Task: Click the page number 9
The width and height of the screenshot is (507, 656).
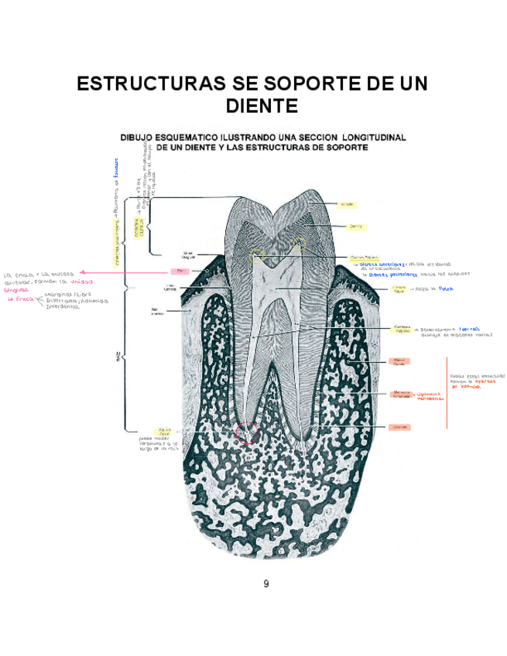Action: pyautogui.click(x=265, y=583)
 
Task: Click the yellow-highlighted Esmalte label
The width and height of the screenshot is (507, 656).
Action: pyautogui.click(x=347, y=204)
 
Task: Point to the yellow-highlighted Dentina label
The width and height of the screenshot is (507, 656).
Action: pyautogui.click(x=357, y=227)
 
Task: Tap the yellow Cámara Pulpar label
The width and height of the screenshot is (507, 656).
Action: pyautogui.click(x=399, y=289)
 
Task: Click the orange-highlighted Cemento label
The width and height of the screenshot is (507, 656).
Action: pyautogui.click(x=399, y=427)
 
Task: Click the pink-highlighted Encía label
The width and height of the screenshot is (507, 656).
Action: pyautogui.click(x=180, y=272)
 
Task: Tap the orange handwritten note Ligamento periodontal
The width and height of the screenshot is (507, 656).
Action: pyautogui.click(x=431, y=397)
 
